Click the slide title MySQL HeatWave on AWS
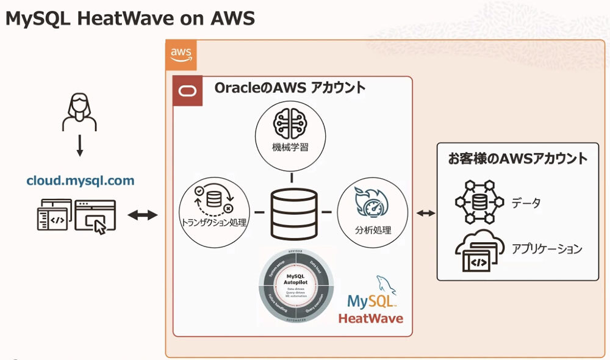pyautogui.click(x=129, y=19)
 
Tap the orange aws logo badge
pyautogui.click(x=181, y=54)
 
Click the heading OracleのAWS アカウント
pyautogui.click(x=290, y=88)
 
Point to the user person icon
pyautogui.click(x=80, y=112)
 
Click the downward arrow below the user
pyautogui.click(x=80, y=146)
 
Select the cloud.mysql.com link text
pyautogui.click(x=80, y=181)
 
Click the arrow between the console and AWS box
pyautogui.click(x=143, y=215)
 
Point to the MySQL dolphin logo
pyautogui.click(x=386, y=286)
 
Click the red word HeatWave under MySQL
pyautogui.click(x=370, y=319)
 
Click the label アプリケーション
pyautogui.click(x=547, y=249)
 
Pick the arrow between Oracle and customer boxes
pyautogui.click(x=425, y=213)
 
